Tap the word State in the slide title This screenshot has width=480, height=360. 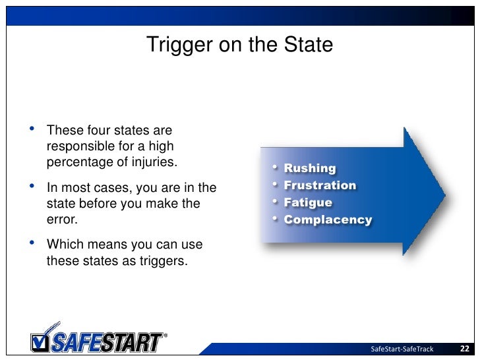click(310, 45)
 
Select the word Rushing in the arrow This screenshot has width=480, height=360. click(310, 169)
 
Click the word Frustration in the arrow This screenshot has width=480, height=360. click(320, 185)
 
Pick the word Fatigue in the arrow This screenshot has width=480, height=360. click(308, 202)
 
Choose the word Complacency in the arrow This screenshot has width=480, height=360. click(328, 220)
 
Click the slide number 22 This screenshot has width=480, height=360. click(464, 348)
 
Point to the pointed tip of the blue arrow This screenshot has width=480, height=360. click(445, 195)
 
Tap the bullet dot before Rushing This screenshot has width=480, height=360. click(275, 169)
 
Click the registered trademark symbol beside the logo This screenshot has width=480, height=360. click(164, 334)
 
